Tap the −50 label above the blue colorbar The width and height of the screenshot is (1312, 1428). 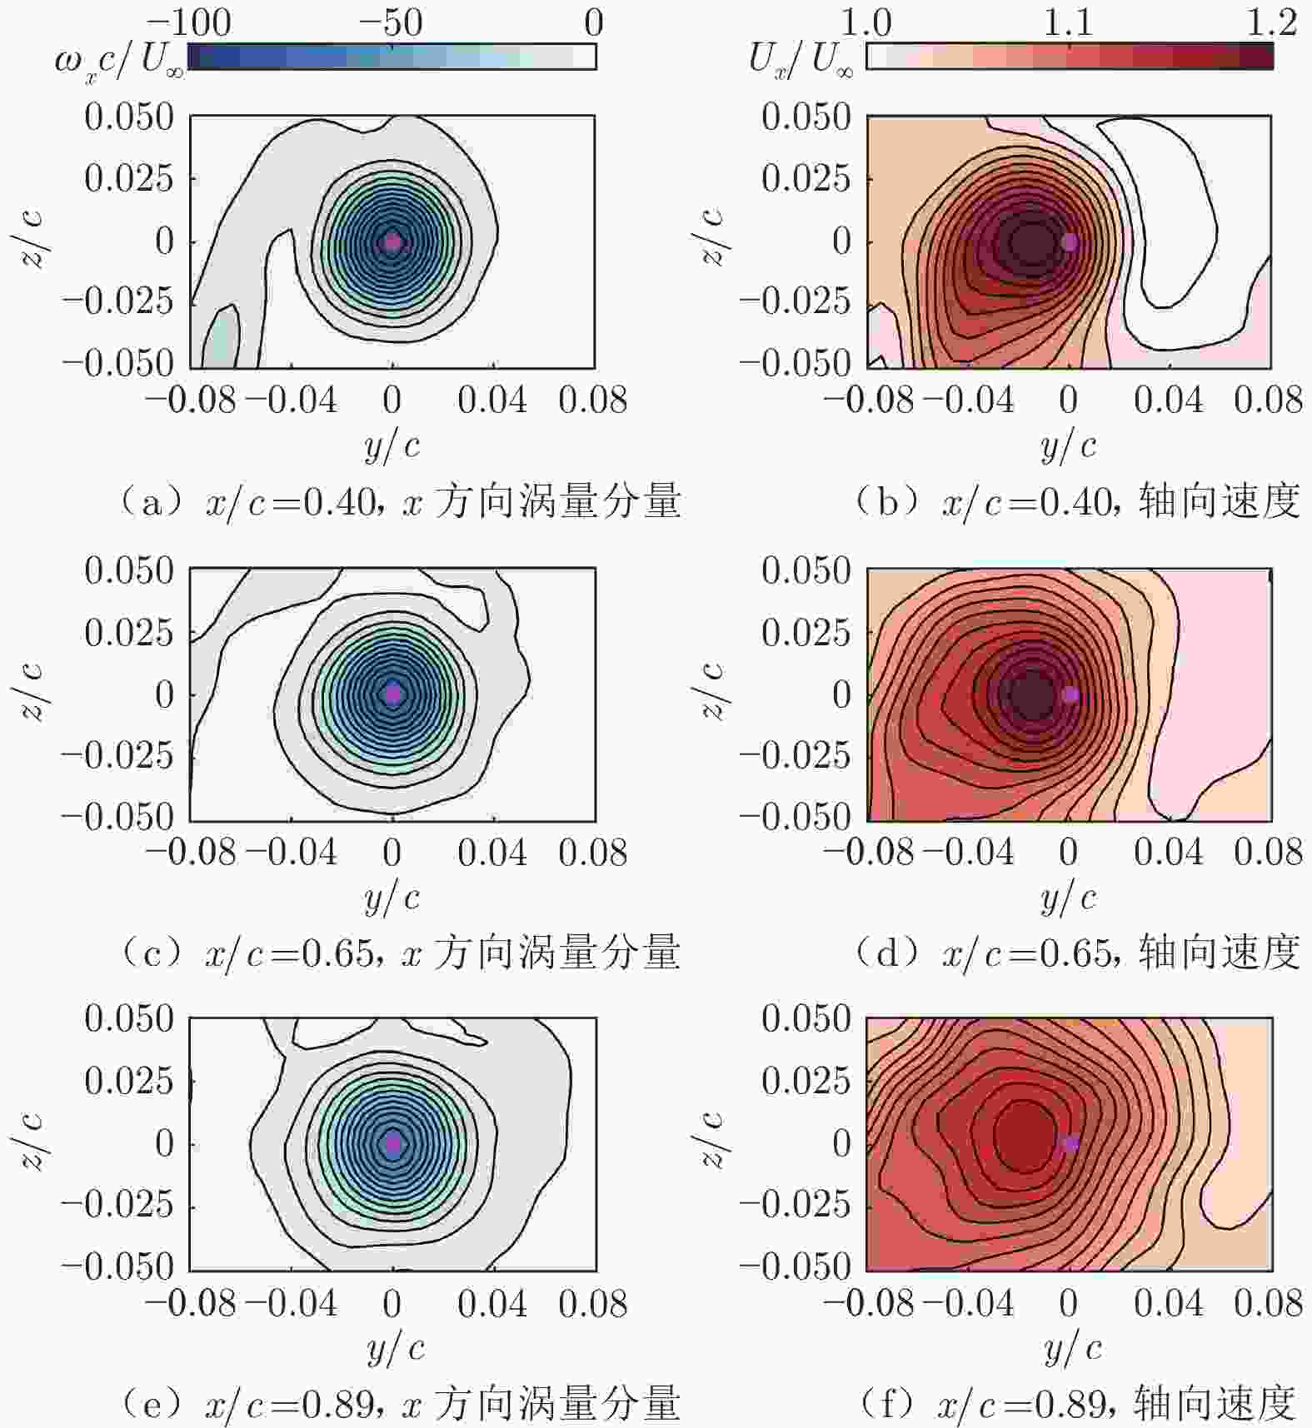coord(390,22)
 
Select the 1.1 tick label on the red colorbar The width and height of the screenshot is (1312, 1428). coord(1069,22)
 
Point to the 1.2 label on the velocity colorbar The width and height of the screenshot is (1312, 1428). coord(1271,22)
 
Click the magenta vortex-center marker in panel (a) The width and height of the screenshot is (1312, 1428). coord(392,242)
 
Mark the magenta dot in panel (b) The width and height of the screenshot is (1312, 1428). coord(1070,242)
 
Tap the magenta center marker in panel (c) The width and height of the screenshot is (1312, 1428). coord(393,694)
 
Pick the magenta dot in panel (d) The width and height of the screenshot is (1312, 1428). coord(1071,694)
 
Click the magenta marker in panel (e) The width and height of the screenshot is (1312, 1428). coord(393,1144)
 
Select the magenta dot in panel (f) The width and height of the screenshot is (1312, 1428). coord(1071,1144)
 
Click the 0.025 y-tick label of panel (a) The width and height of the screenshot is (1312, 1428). coord(129,178)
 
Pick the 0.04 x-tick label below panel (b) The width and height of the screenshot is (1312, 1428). coord(1169,401)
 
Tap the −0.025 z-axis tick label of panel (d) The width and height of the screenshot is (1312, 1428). coord(795,755)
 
